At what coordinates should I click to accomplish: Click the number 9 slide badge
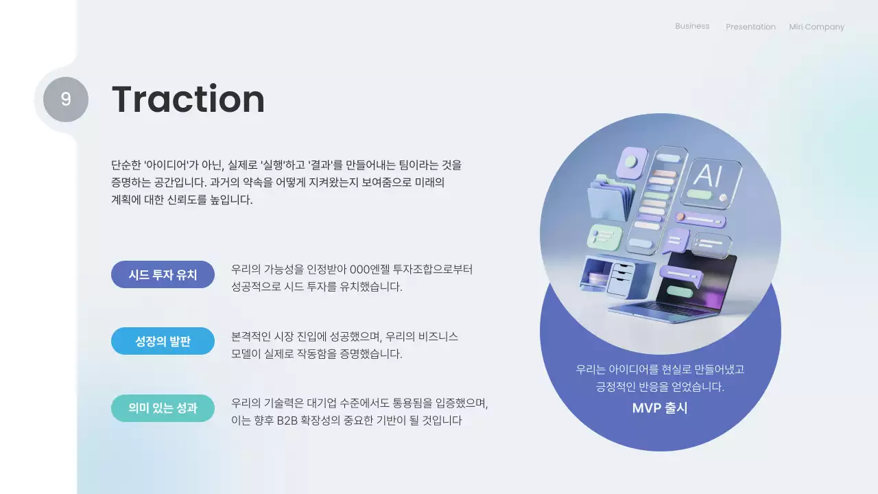pos(66,99)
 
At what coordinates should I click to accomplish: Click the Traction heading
pos(188,99)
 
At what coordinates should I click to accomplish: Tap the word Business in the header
pos(692,26)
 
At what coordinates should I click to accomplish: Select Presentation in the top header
pos(750,27)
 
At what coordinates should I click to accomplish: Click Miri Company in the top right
pos(816,27)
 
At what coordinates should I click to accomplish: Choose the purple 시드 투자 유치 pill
pos(163,274)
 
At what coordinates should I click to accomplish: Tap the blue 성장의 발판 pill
pos(163,341)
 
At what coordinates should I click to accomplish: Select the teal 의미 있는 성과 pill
pos(163,408)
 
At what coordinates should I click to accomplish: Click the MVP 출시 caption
pos(660,408)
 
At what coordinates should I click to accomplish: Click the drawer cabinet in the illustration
pos(620,276)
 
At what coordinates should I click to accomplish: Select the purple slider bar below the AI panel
pos(700,220)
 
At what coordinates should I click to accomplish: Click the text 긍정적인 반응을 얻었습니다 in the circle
pos(660,387)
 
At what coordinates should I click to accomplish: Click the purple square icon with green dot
pos(631,163)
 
